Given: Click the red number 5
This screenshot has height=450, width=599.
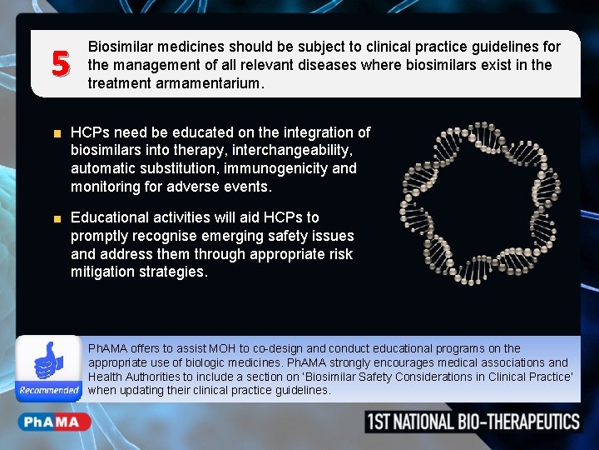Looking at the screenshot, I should point(58,63).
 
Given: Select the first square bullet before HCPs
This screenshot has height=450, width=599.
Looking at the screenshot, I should point(57,133).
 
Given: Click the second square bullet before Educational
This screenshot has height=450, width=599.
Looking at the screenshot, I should point(57,219).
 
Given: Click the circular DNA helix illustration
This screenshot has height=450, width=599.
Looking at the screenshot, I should point(471,204).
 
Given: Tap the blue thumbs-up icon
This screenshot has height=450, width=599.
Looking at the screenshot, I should point(49,362).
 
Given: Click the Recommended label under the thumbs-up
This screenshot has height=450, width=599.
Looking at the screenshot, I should point(49,390).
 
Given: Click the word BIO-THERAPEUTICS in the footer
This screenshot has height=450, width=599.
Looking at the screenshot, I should point(518,422).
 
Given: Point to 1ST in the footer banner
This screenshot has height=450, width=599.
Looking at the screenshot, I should point(384,422).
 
